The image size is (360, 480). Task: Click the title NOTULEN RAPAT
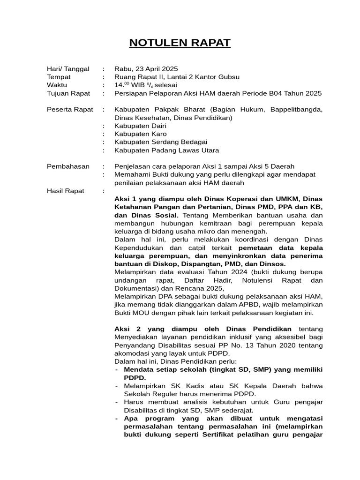(180, 43)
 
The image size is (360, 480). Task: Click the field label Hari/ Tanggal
(68, 69)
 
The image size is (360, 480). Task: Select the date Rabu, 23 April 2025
(146, 69)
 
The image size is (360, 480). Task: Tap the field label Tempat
(59, 77)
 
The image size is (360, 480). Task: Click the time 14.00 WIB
(129, 85)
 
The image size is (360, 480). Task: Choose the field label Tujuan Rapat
(68, 93)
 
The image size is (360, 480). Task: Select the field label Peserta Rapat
(70, 110)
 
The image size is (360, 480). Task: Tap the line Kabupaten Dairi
(140, 126)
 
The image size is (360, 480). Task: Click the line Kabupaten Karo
(140, 134)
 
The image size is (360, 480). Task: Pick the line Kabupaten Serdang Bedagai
(161, 142)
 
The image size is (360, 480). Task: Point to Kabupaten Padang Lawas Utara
(166, 150)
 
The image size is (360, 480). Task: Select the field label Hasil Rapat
(66, 191)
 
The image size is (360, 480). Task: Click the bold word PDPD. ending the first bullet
(135, 378)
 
